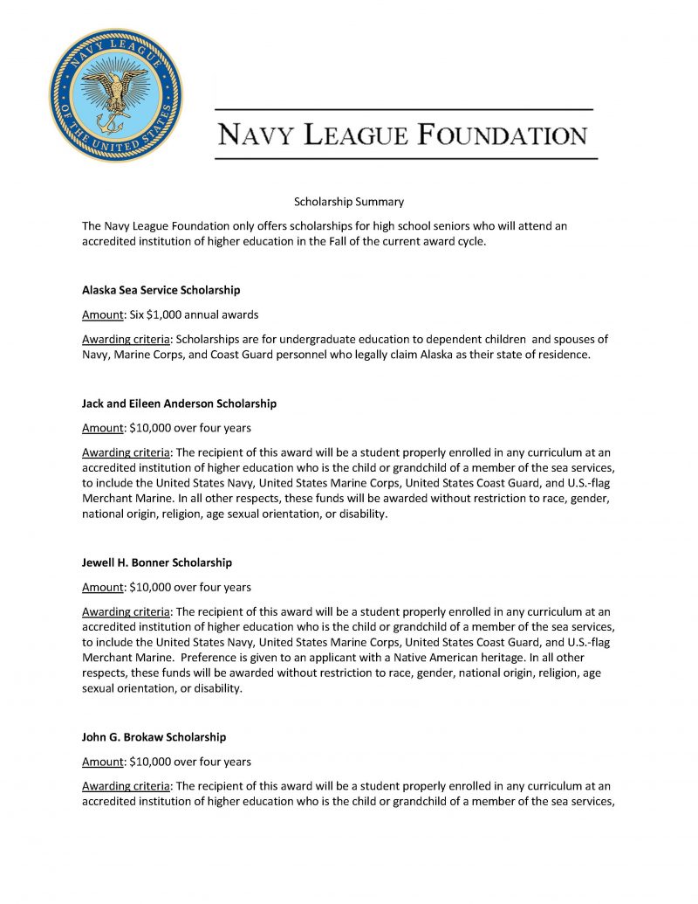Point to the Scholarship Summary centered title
tap(348, 202)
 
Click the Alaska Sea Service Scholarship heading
tap(161, 290)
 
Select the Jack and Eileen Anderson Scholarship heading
tap(179, 404)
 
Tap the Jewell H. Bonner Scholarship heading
tap(156, 562)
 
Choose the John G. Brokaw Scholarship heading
tap(154, 737)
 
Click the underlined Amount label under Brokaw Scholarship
tap(102, 762)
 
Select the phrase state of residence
tap(549, 355)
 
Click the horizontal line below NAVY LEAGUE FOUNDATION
tap(406, 158)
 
